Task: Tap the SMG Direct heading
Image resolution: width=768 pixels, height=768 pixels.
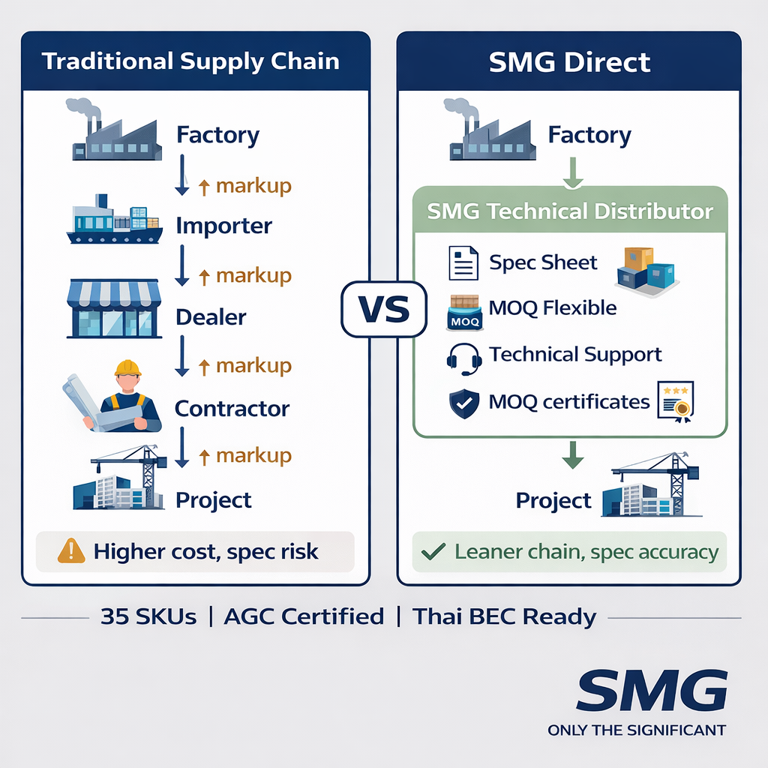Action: (569, 61)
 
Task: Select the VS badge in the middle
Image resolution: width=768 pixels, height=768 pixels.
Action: (382, 309)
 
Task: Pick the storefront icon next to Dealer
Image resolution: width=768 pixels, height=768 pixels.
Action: (115, 309)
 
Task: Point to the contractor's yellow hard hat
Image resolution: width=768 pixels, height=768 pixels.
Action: (128, 367)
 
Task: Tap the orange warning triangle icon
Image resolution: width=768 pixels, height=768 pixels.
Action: (70, 552)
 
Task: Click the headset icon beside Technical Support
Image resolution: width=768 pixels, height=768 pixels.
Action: (463, 358)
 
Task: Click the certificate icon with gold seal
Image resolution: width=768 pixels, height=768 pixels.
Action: (676, 402)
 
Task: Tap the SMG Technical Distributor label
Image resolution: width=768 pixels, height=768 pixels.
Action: (569, 211)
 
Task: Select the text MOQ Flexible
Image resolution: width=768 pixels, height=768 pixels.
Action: (552, 307)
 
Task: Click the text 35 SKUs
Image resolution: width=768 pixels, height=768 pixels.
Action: (148, 617)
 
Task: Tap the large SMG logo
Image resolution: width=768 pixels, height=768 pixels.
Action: (652, 692)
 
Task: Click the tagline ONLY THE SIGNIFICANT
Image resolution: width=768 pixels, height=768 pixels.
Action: (637, 730)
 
